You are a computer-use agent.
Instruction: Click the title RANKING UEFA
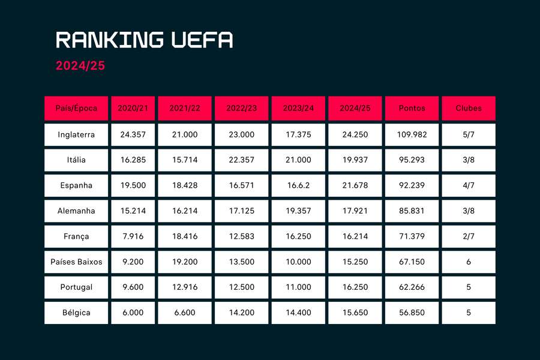pos(145,40)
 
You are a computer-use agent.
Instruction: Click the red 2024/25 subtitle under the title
pos(80,66)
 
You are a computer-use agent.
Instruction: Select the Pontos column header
pos(412,109)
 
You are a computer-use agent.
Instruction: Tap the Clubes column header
pos(468,109)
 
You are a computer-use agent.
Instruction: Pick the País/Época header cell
pos(76,109)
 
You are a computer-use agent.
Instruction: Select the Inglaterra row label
pos(76,134)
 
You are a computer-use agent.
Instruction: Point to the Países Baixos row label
pos(76,262)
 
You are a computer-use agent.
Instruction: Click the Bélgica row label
pos(76,313)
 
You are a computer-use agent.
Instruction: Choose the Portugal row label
pos(76,287)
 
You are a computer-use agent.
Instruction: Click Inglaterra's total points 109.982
pos(412,134)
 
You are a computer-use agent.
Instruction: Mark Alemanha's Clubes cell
pos(468,211)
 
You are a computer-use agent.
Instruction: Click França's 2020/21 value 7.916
pos(133,236)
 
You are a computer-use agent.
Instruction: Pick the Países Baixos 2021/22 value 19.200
pos(184,262)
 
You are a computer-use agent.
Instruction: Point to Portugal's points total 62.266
pos(412,287)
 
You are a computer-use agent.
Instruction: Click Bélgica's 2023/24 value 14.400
pos(298,313)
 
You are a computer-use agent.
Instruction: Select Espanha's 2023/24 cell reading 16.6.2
pos(298,185)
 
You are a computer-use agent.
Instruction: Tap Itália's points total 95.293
pos(412,160)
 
